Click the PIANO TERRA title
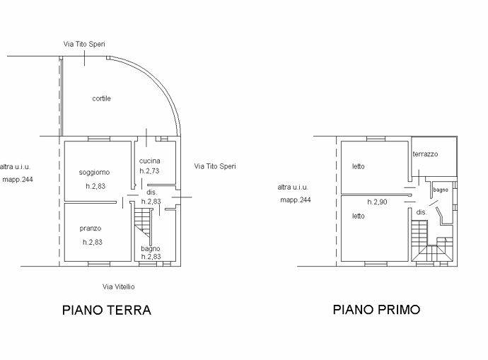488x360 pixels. pos(107,310)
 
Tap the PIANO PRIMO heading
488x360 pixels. pos(376,310)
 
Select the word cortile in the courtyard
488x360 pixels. pos(101,98)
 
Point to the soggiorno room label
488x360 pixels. pos(94,172)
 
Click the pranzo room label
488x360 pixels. pos(91,228)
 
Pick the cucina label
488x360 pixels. pos(150,161)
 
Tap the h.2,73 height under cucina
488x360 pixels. pos(149,171)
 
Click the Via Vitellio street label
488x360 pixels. pos(119,286)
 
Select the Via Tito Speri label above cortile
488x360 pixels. pos(84,44)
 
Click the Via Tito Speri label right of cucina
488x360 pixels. pos(215,166)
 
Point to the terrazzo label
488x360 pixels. pos(426,153)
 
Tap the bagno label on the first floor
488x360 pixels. pos(441,190)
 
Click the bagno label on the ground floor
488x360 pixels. pos(151,249)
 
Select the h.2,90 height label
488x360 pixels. pos(377,202)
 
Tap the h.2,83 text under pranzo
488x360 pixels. pos(93,242)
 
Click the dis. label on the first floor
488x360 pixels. pos(421,212)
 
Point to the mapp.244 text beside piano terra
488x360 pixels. pos(18,180)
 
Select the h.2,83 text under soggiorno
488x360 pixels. pos(95,186)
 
